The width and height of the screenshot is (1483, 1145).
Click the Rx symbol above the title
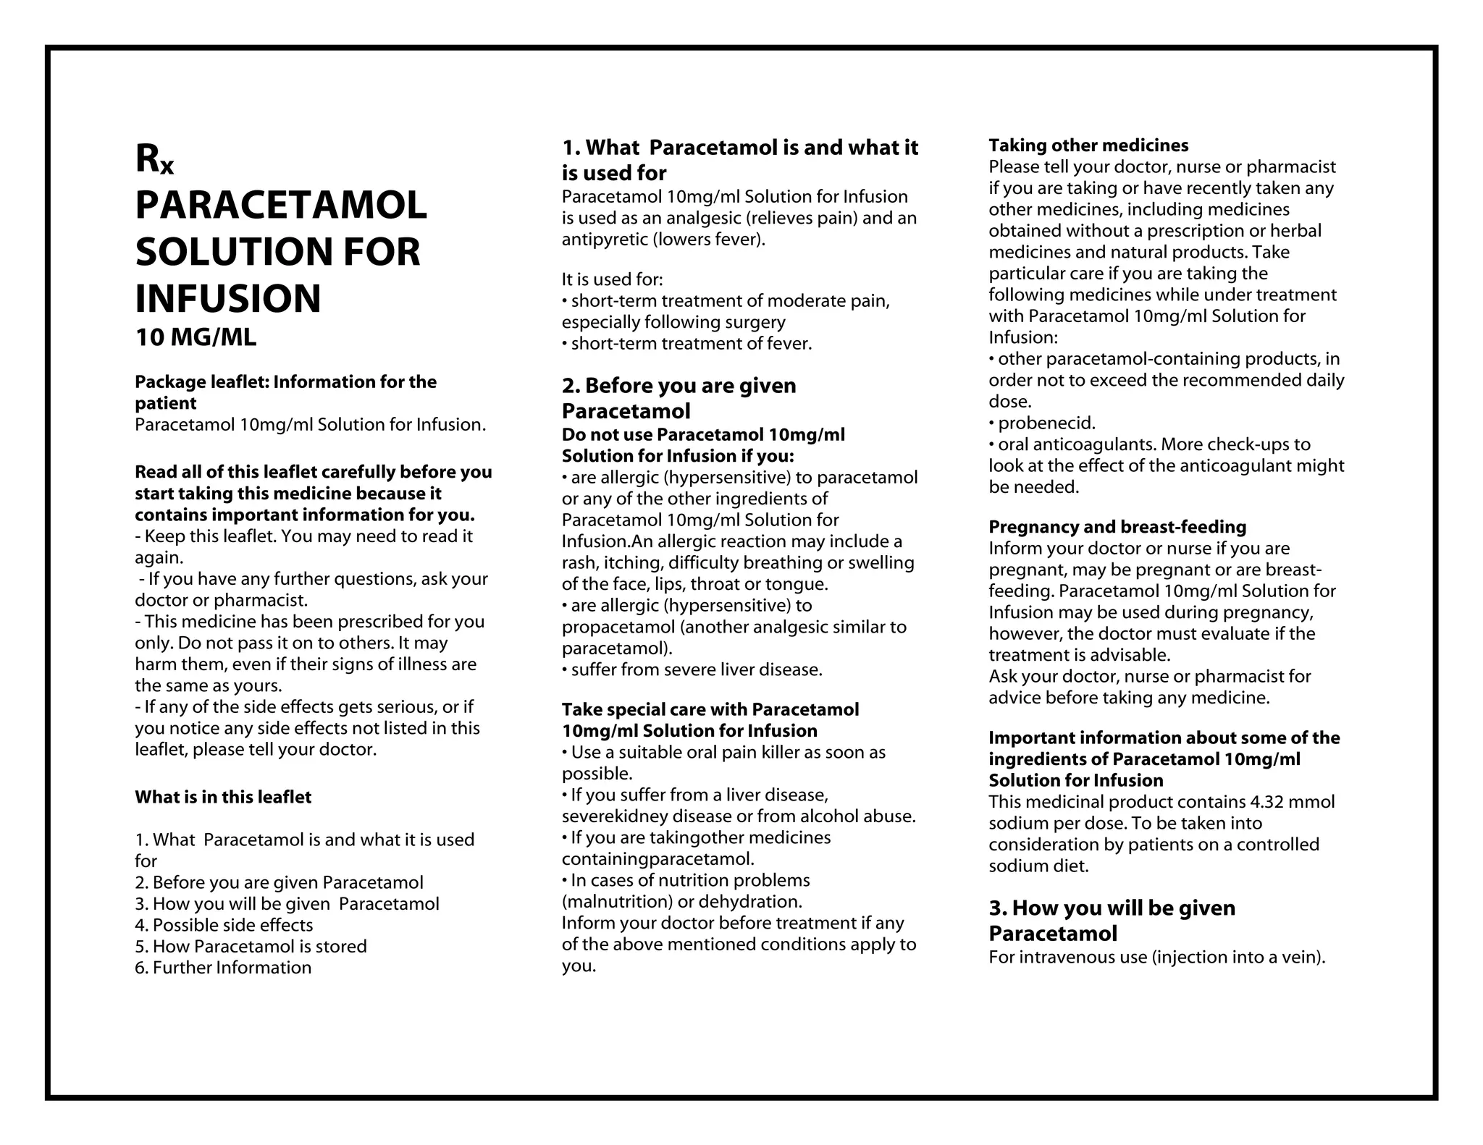click(154, 159)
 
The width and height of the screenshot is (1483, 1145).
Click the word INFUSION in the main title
click(227, 298)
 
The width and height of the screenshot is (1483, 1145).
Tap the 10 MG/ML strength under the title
click(196, 337)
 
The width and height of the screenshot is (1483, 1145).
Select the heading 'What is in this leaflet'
click(223, 797)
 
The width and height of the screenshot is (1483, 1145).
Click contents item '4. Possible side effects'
click(224, 925)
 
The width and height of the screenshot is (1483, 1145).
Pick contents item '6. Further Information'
click(223, 968)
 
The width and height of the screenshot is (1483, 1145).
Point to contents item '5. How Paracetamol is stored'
click(251, 946)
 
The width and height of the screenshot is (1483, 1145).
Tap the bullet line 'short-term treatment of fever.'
click(691, 344)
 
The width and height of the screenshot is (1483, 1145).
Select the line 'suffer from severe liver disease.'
click(696, 669)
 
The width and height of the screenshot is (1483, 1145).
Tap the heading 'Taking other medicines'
click(1088, 145)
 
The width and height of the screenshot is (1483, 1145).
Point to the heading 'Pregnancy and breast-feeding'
click(1117, 527)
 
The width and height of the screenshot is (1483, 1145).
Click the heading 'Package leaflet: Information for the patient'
click(285, 392)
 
